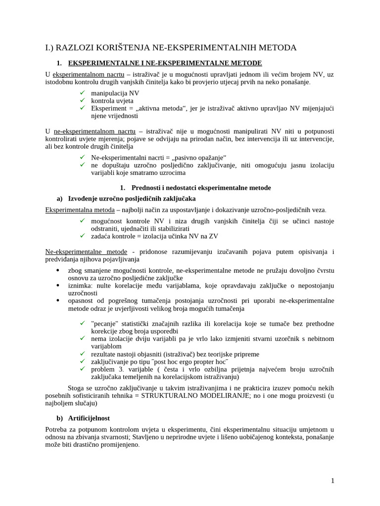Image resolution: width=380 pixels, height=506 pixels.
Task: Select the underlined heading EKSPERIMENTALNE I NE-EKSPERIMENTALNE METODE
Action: click(x=164, y=63)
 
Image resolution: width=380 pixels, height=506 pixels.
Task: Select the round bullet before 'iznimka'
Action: click(x=58, y=286)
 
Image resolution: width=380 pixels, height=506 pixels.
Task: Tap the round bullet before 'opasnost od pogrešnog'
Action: click(x=58, y=300)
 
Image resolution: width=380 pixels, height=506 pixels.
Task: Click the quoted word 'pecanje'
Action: click(x=104, y=323)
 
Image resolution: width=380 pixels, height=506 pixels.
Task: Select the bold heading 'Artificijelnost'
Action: click(x=89, y=418)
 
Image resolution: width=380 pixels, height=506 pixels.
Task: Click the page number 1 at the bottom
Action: click(x=332, y=480)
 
